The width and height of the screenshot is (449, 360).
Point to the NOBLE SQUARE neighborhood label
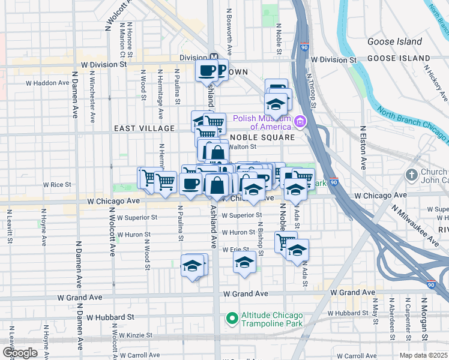262,137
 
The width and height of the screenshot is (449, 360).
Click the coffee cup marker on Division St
206,71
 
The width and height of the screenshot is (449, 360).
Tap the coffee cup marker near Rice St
190,184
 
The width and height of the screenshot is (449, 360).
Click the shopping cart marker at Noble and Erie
285,242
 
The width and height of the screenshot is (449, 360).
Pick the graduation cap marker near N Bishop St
244,262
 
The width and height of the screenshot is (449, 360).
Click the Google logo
19,353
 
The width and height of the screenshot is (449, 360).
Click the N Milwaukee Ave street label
415,223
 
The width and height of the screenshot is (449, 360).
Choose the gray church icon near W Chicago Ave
411,175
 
